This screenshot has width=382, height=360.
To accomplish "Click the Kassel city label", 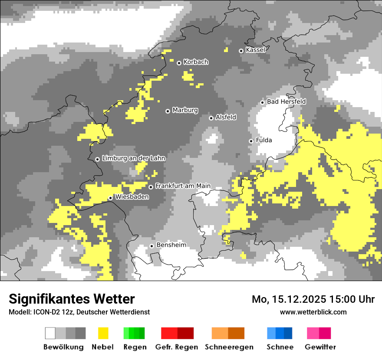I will [255, 50].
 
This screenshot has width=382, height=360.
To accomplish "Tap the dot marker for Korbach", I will [179, 63].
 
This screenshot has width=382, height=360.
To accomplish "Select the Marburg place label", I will [185, 110].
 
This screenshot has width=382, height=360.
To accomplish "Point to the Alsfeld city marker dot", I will [211, 118].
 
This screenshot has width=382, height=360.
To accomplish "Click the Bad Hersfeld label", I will [286, 101].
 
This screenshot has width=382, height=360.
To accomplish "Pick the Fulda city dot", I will [251, 141].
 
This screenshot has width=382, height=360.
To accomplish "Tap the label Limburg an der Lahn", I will [134, 158].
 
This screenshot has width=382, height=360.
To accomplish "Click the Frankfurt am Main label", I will [183, 186].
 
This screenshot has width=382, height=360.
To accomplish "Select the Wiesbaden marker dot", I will [111, 198].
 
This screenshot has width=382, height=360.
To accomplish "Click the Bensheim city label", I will [171, 245].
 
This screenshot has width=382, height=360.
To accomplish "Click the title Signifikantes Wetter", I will [72, 299].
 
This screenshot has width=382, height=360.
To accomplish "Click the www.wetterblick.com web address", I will [313, 312].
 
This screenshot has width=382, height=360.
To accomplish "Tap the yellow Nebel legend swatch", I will [103, 333].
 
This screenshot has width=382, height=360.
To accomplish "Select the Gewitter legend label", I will [320, 347].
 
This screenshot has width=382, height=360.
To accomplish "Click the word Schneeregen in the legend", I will [229, 347].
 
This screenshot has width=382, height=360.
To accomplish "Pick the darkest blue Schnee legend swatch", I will [288, 333].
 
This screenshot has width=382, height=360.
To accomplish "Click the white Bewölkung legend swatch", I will [50, 333].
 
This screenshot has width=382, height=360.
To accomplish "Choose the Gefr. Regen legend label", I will [176, 347].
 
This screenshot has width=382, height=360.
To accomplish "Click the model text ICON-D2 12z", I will [51, 312].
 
